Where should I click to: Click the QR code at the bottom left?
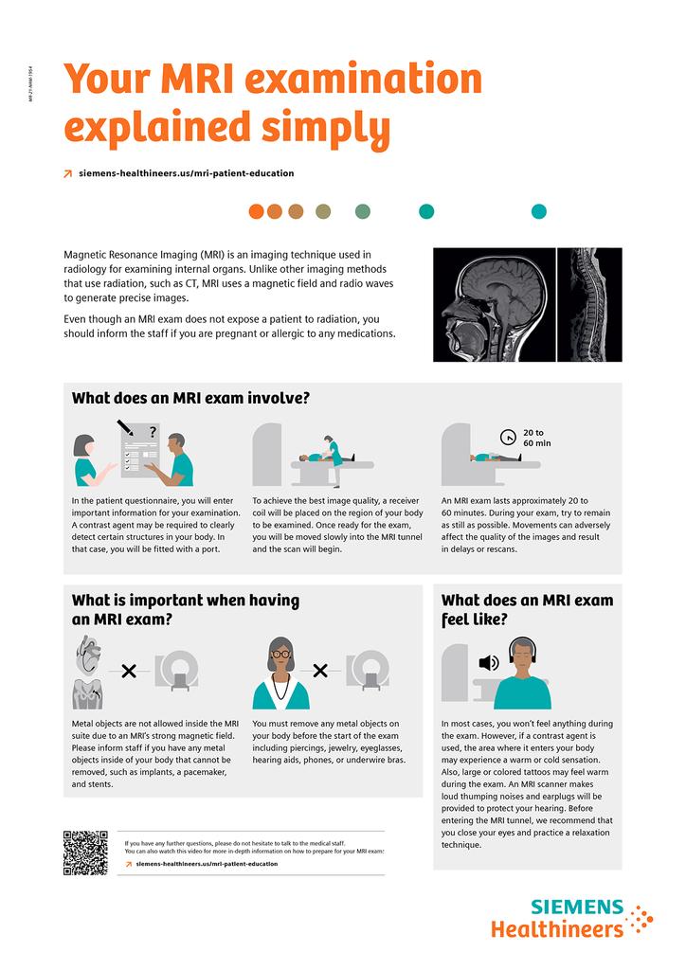tap(84, 853)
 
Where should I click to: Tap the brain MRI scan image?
tap(493, 304)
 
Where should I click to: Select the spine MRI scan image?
tap(589, 304)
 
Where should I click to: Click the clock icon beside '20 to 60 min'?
tap(508, 438)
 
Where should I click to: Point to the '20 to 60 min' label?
tap(536, 438)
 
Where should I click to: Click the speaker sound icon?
tap(489, 662)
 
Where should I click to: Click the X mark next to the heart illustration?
tap(130, 672)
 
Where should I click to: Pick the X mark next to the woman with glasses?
tap(320, 671)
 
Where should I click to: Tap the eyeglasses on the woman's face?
tap(280, 654)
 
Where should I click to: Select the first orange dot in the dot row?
tap(256, 211)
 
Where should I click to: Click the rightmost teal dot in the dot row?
tap(538, 211)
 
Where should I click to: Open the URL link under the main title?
tap(185, 173)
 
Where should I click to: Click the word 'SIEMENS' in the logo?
tap(577, 907)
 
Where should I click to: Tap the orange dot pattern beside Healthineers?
tap(641, 920)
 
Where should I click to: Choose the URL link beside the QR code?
tap(207, 864)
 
